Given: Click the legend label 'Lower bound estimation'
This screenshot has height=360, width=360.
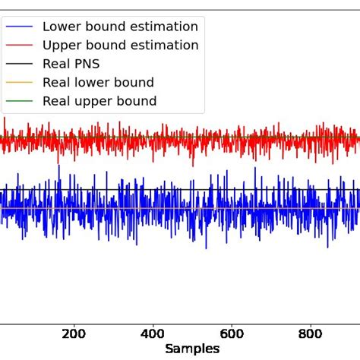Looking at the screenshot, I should click(x=120, y=27).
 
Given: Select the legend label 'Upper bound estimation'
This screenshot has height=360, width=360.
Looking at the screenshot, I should click(x=120, y=46).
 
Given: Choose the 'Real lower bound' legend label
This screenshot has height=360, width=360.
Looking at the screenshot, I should click(x=98, y=82).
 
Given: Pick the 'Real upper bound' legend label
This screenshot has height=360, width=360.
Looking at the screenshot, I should click(x=99, y=101).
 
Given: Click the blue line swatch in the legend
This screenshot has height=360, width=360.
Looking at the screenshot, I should click(x=19, y=27).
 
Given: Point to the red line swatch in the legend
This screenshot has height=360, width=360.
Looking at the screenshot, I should click(x=19, y=46).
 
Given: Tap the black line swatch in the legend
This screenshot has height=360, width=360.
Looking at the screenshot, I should click(x=19, y=64).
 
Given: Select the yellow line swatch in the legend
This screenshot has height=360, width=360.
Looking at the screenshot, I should click(x=19, y=82).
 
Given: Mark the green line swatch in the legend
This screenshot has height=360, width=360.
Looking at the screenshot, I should click(x=19, y=101).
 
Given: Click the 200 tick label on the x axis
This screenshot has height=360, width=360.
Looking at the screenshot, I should click(x=74, y=333).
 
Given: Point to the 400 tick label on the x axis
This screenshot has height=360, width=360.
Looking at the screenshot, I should click(x=153, y=333).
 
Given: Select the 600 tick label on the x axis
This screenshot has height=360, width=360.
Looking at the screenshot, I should click(x=232, y=333).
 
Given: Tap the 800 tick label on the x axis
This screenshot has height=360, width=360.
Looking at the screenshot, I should click(x=311, y=333).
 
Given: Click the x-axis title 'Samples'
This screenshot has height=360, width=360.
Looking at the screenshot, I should click(x=193, y=349).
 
